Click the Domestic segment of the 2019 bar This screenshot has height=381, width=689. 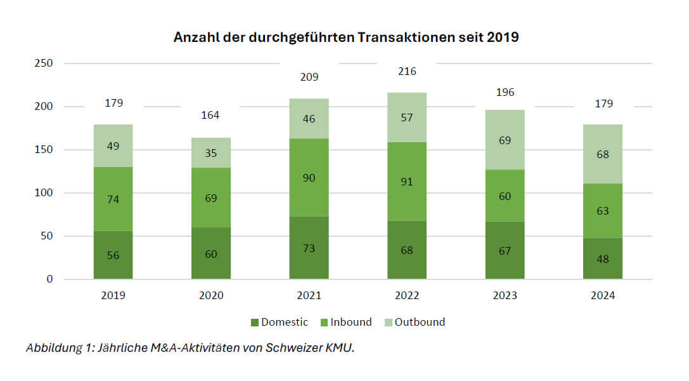tap(113, 255)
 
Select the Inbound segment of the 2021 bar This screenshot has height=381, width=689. tap(309, 177)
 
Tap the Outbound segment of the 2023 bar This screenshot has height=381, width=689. tap(505, 140)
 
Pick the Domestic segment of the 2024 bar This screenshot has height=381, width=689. tap(603, 258)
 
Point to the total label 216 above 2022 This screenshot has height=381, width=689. tap(407, 71)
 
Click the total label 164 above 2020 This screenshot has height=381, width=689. tap(211, 115)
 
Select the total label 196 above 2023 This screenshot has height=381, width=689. tap(505, 92)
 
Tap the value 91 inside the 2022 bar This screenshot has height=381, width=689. tap(407, 182)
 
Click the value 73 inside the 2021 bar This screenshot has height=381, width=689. tap(309, 249)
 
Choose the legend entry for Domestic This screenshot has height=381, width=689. tap(280, 322)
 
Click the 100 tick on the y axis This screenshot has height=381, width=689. tap(44, 193)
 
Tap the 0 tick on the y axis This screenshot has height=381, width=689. tap(49, 279)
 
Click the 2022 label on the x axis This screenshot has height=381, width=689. tap(407, 295)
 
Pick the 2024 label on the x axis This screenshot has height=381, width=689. tap(603, 295)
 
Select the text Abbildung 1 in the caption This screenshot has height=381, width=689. tap(56, 348)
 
